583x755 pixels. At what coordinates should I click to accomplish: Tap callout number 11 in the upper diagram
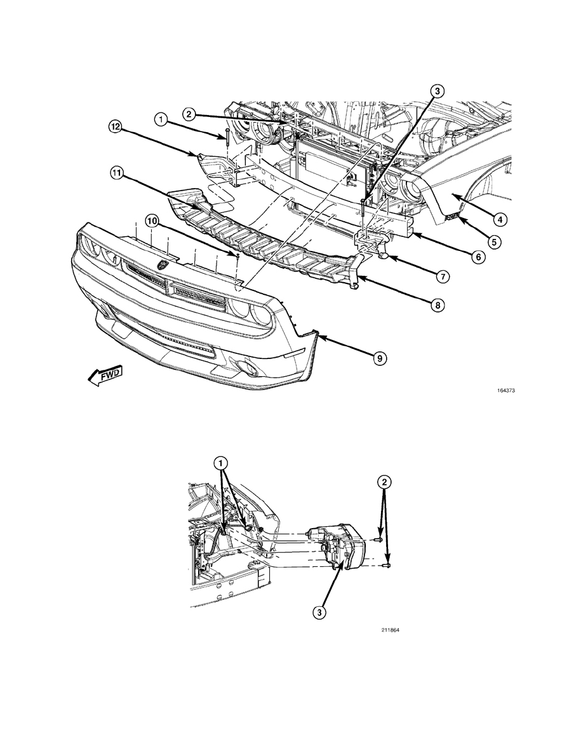click(x=116, y=174)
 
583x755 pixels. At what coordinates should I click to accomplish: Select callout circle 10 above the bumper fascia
click(x=152, y=221)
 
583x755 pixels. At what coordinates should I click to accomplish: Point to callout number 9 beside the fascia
click(x=379, y=357)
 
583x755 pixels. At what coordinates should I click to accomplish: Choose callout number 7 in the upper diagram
click(x=443, y=276)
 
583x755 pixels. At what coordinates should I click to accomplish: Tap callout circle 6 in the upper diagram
click(x=478, y=257)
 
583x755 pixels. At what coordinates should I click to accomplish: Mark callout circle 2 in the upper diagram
click(x=189, y=114)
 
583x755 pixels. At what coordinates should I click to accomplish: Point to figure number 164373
click(x=506, y=391)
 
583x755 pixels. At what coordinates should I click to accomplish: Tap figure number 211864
click(x=391, y=630)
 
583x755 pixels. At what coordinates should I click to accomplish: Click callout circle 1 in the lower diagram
click(x=221, y=463)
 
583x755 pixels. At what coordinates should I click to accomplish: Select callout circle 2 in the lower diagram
click(x=384, y=481)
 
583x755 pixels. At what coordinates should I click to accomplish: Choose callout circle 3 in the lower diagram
click(x=319, y=612)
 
